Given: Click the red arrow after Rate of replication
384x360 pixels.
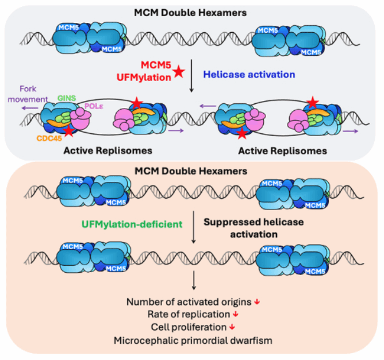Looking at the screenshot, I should pos(235,314).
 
